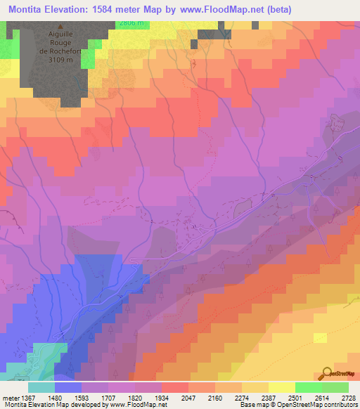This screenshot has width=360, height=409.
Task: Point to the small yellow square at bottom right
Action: click(x=320, y=338)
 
